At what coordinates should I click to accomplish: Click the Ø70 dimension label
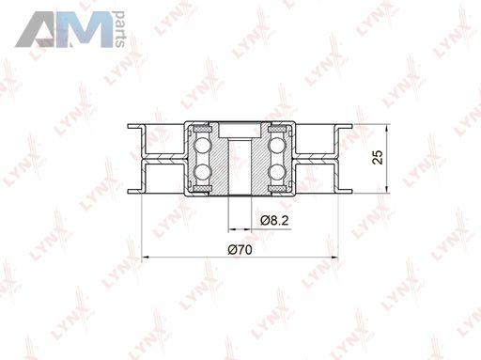click(x=240, y=250)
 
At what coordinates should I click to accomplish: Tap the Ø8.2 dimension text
click(x=274, y=221)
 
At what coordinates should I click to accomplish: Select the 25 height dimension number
click(x=378, y=157)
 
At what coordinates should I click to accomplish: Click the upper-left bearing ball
click(x=202, y=146)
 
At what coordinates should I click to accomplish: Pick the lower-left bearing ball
click(x=202, y=171)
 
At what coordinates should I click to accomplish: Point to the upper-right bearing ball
click(x=277, y=146)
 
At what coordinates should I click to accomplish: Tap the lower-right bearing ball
click(x=277, y=171)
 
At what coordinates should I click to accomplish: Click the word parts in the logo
click(x=119, y=29)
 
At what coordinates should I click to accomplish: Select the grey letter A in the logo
click(x=36, y=30)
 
